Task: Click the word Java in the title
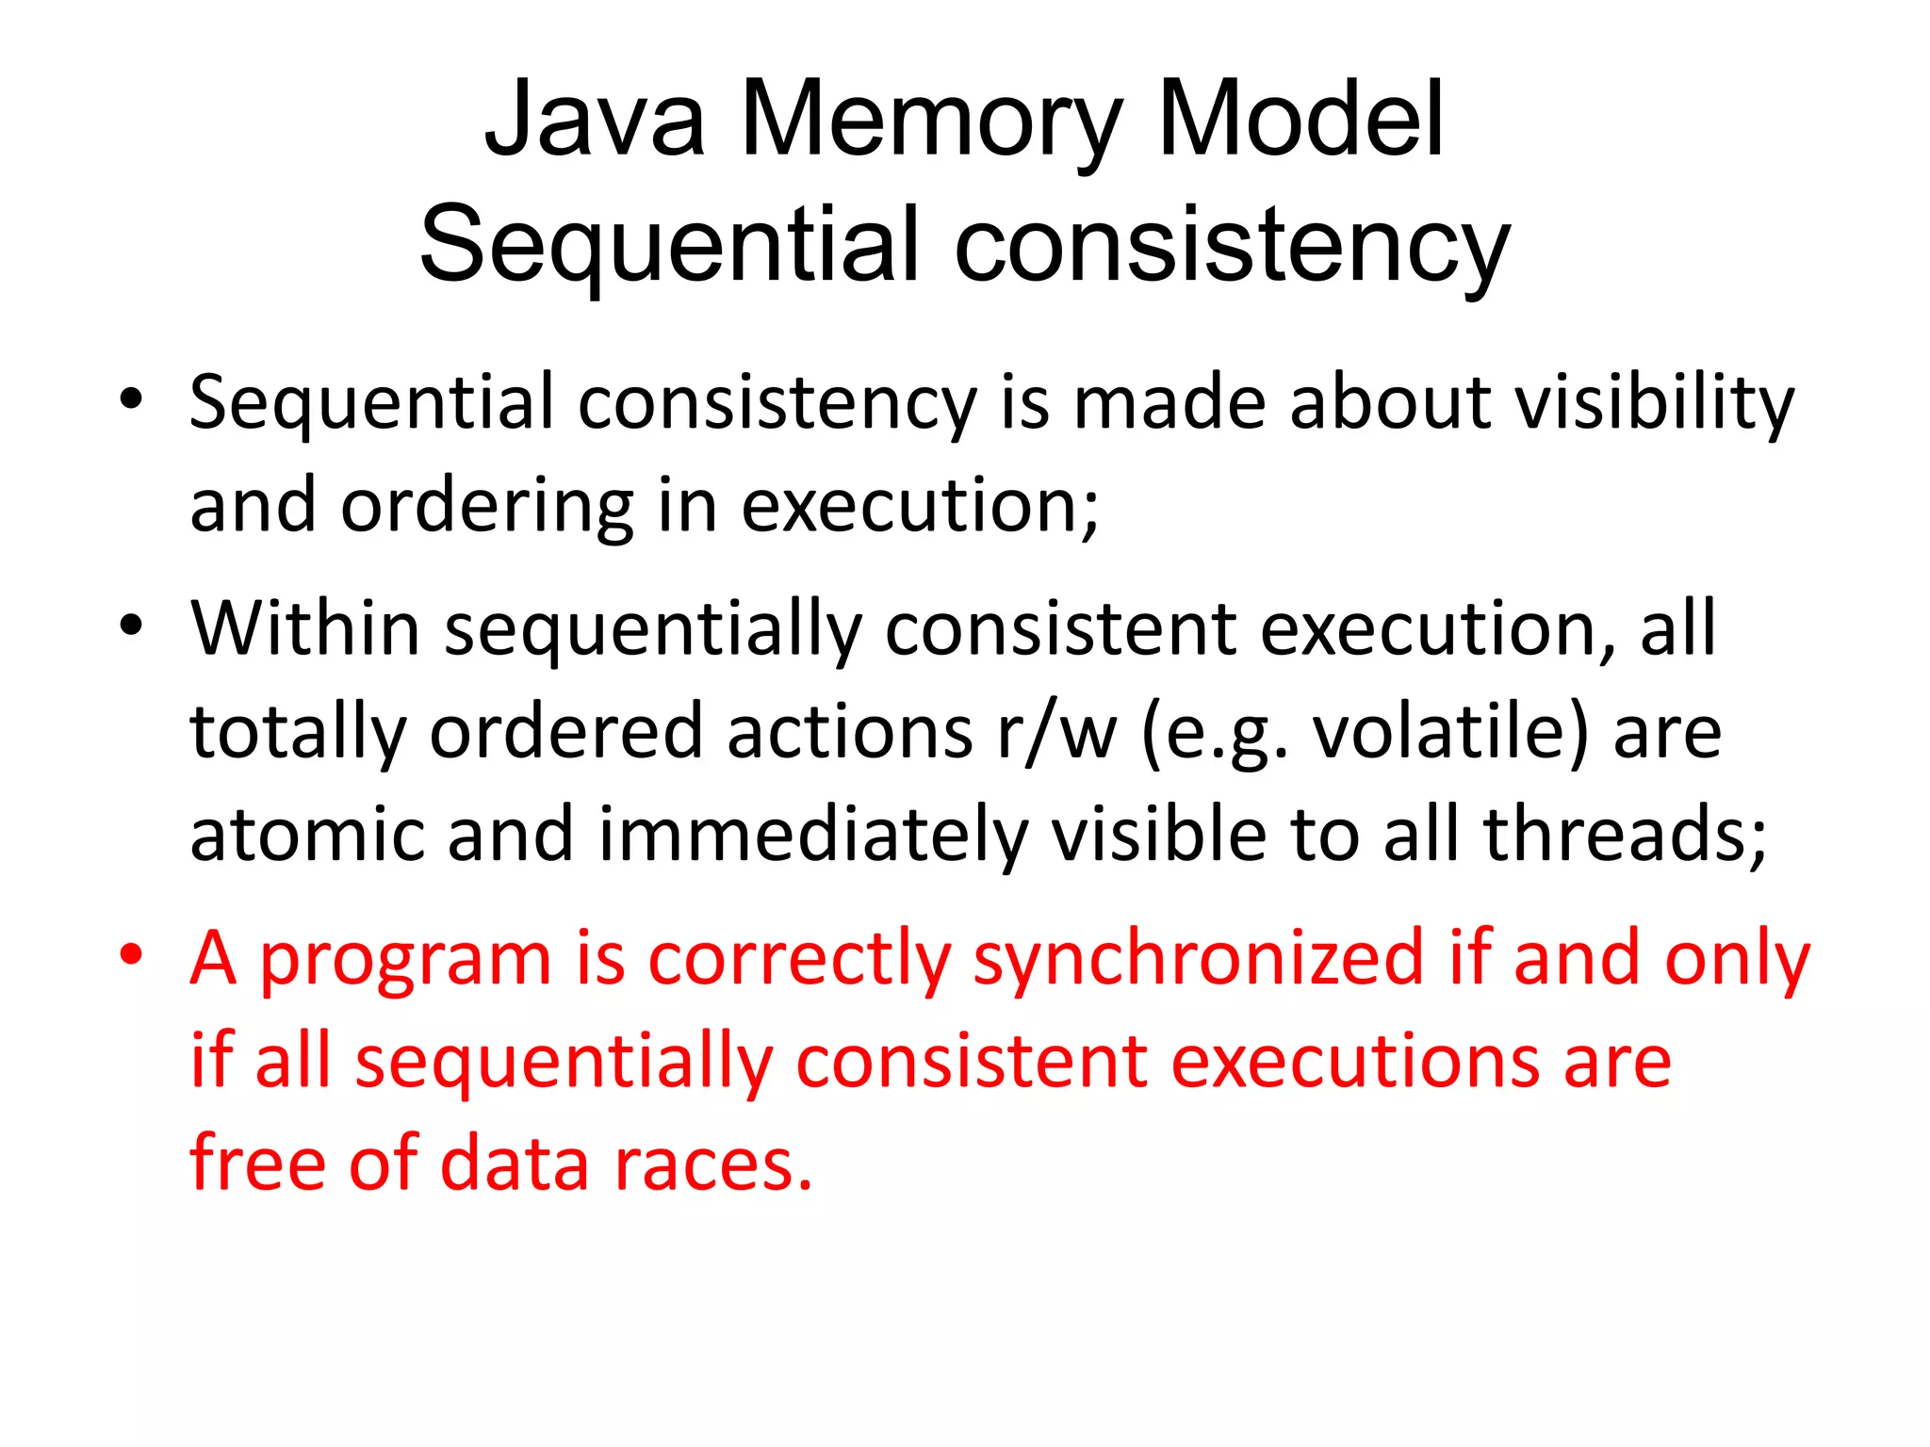click(595, 121)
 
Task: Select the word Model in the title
click(1300, 121)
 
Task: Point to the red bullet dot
click(131, 953)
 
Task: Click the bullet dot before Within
click(131, 625)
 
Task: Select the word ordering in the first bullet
click(486, 506)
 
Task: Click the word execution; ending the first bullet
click(920, 506)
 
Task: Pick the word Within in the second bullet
click(304, 628)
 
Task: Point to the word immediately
click(812, 835)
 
